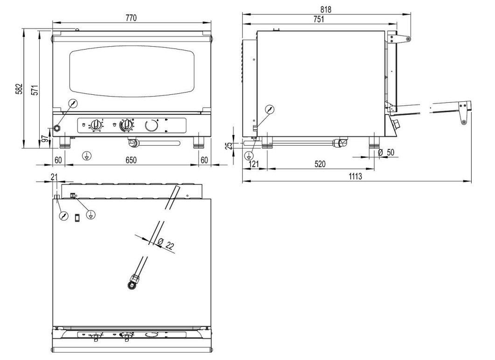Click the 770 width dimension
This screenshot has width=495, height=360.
tap(131, 18)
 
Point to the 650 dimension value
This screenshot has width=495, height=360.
tap(131, 160)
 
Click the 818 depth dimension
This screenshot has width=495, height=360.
tap(326, 9)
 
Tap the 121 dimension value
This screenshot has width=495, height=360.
tap(254, 164)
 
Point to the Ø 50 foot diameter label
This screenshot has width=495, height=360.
tap(386, 153)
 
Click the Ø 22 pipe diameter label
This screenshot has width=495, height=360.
tap(166, 244)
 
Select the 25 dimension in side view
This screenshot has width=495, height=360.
tap(229, 145)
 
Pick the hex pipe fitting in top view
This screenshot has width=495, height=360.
tap(133, 281)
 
